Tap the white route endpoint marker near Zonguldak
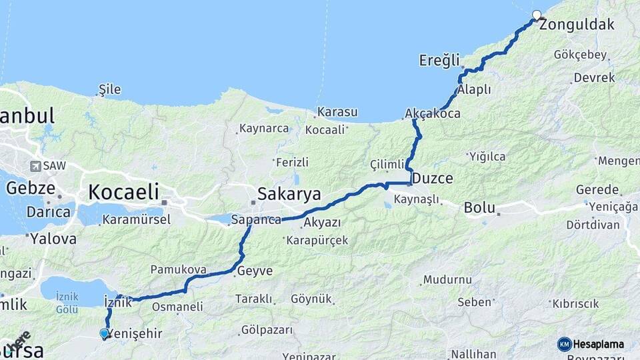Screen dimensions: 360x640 point(537,15)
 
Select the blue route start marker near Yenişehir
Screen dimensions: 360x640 point(105,333)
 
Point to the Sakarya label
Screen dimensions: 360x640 point(289,194)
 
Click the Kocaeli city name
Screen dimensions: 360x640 point(124,193)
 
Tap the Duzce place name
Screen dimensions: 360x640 point(433,178)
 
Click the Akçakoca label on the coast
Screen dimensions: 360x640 point(433,115)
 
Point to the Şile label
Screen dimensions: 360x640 point(109,89)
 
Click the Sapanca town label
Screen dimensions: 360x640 point(255,219)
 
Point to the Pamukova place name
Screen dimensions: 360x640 point(178,270)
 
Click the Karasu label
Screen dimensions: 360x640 point(337,111)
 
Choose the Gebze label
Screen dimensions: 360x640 point(31,188)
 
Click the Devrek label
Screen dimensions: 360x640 point(594,77)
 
